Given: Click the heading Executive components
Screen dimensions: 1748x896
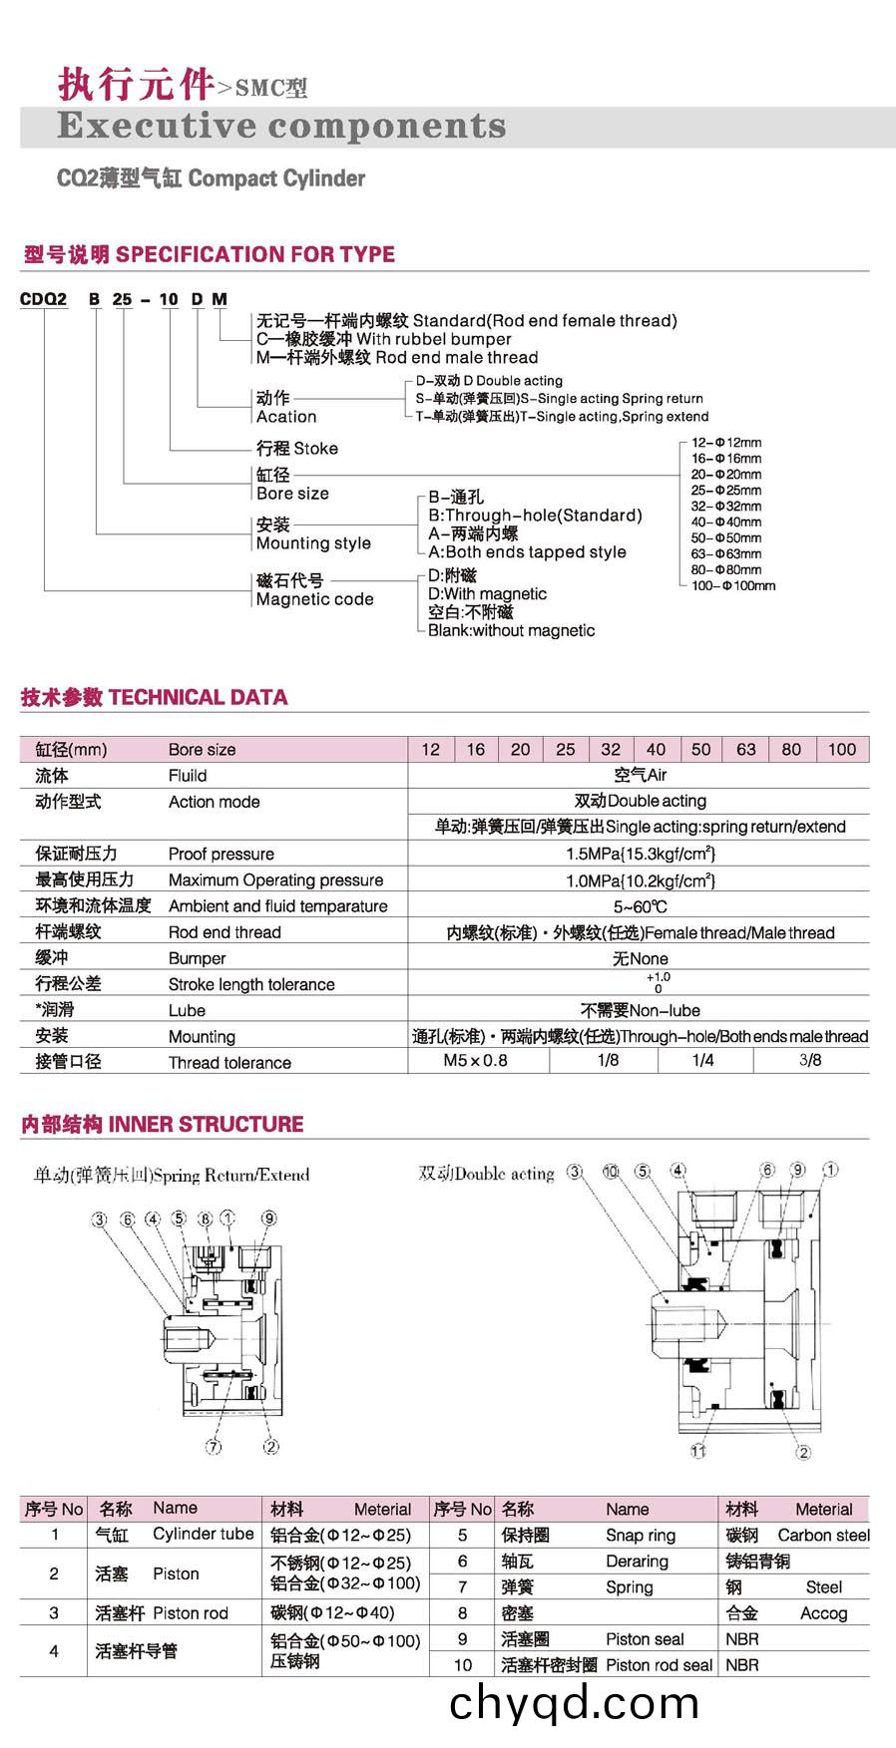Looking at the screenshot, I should tap(281, 127).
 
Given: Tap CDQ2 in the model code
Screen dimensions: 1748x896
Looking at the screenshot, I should tap(43, 298).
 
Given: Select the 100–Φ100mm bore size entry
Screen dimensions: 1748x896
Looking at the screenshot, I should tap(733, 585).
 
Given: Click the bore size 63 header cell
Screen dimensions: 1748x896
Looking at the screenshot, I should tap(745, 749).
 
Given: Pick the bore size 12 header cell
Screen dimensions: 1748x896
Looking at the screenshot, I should tap(430, 749).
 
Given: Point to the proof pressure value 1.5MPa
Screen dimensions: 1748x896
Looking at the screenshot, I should tap(640, 854).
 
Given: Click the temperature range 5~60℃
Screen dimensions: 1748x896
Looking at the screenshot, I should tap(640, 906).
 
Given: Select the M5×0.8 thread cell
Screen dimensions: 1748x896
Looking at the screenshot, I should tap(475, 1060).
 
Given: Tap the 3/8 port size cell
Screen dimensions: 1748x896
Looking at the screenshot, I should tap(810, 1060).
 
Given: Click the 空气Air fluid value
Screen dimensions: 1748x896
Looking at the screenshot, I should tap(640, 775).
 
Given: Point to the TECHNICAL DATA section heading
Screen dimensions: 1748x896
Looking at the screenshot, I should tap(155, 697).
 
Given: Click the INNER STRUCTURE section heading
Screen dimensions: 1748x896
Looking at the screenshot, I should tap(162, 1124).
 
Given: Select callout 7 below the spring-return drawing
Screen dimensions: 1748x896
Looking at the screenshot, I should tap(214, 1447).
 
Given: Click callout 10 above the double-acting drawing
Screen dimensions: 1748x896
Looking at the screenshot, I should tap(611, 1172).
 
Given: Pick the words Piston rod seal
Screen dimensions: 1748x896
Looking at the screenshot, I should tap(659, 1664).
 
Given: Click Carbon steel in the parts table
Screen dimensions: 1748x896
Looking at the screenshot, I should tap(823, 1535).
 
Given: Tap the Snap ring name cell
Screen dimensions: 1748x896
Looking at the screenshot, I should tap(640, 1535).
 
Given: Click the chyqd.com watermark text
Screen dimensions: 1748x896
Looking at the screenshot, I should tap(574, 1703).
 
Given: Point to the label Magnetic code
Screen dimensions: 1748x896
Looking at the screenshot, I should tap(314, 599).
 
